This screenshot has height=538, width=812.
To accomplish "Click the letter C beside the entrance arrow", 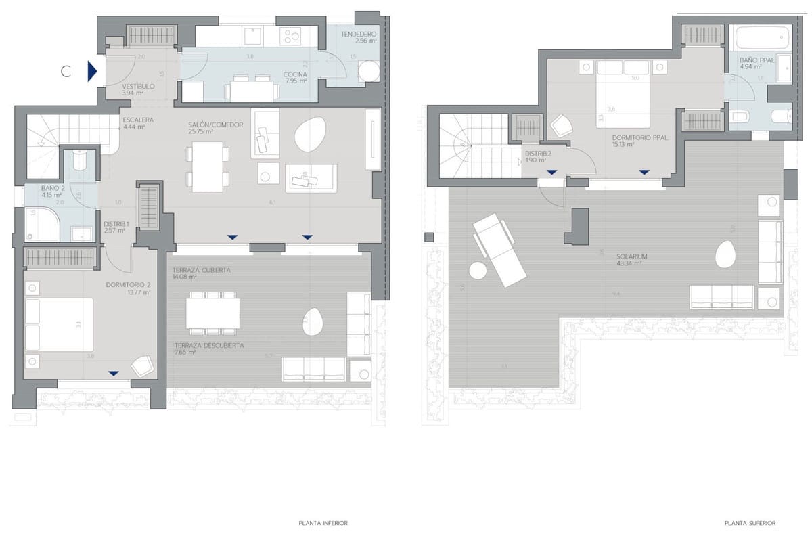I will (66, 72).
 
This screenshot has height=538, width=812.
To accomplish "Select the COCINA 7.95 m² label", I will (295, 78).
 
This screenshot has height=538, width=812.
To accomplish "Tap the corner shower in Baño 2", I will (41, 224).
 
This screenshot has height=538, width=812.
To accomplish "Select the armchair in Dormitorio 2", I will (142, 365).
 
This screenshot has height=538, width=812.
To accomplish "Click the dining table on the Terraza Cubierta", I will (212, 313).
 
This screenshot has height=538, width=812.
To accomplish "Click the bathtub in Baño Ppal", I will (759, 38).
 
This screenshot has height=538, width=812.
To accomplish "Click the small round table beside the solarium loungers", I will (478, 271).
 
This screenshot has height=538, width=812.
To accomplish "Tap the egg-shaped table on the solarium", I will (726, 254).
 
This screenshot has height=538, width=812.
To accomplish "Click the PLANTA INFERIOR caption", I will (323, 523).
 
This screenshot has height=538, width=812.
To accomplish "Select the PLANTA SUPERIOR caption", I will (749, 523).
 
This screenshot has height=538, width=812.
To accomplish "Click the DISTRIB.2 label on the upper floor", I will (539, 157).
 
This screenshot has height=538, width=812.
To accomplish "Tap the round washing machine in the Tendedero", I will (369, 70).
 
